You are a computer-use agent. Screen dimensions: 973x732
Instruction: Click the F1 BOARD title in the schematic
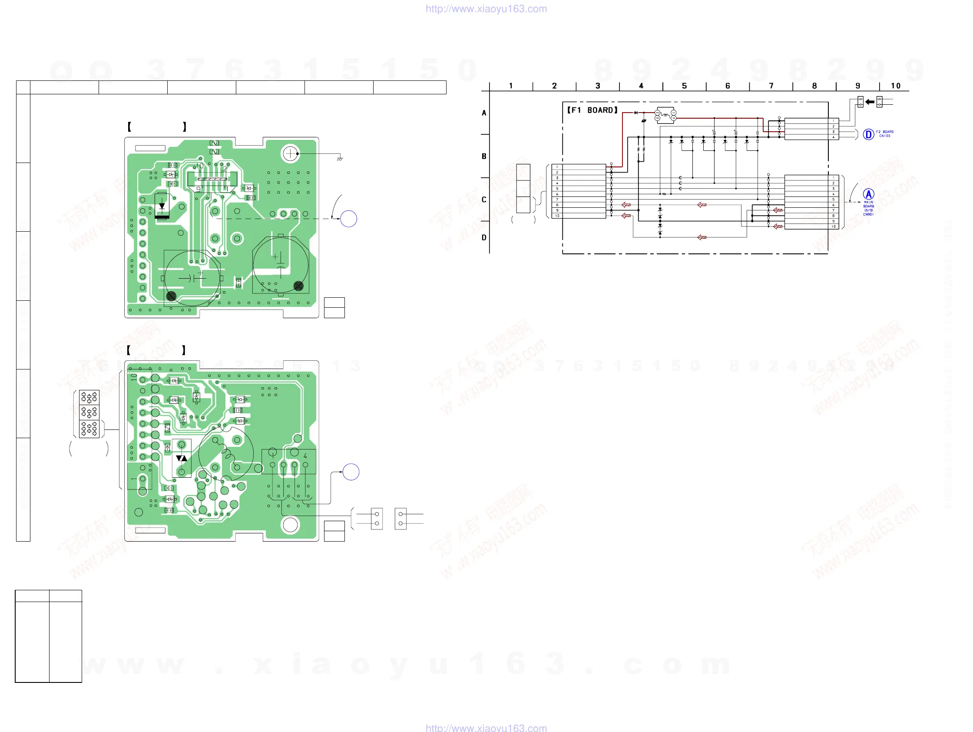click(x=592, y=110)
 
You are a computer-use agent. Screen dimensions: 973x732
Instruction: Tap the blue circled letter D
click(x=868, y=134)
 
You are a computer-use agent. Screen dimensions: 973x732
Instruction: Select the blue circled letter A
click(x=868, y=194)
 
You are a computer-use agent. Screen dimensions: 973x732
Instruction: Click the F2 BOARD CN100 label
click(x=884, y=134)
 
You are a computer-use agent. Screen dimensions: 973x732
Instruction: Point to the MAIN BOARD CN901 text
click(x=868, y=208)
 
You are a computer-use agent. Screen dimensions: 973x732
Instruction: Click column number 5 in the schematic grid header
click(x=684, y=86)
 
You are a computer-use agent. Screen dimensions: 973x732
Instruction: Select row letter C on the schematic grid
click(x=484, y=200)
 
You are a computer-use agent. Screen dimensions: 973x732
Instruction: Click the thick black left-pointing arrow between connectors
click(x=870, y=102)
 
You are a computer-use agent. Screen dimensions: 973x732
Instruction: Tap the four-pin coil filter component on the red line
click(x=665, y=115)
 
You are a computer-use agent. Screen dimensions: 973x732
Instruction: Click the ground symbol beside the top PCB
click(x=340, y=159)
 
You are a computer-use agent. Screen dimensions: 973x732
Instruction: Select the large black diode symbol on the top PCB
click(x=162, y=206)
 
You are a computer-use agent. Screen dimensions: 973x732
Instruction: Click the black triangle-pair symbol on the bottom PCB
click(x=181, y=458)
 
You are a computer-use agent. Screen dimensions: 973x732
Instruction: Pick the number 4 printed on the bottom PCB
click(x=305, y=456)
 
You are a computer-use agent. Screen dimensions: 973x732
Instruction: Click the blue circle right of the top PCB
click(x=348, y=219)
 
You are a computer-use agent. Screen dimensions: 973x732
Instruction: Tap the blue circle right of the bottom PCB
click(x=351, y=472)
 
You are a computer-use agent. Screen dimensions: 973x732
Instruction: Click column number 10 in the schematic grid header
click(x=896, y=86)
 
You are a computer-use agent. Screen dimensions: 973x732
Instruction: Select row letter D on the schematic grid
click(x=484, y=238)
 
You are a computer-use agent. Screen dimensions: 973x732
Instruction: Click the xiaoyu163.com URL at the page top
click(x=486, y=9)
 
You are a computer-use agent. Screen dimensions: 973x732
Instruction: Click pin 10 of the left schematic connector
click(x=557, y=216)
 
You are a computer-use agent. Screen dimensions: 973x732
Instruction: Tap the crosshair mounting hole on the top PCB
click(x=290, y=153)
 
